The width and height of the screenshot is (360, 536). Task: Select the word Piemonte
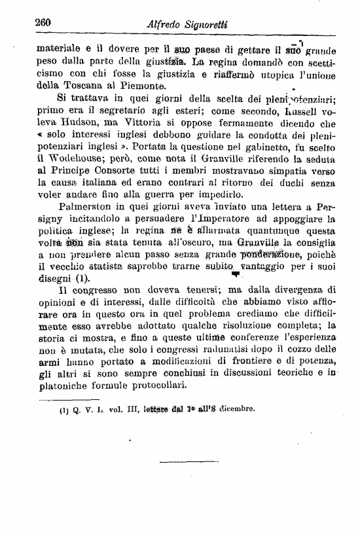tap(136, 85)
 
